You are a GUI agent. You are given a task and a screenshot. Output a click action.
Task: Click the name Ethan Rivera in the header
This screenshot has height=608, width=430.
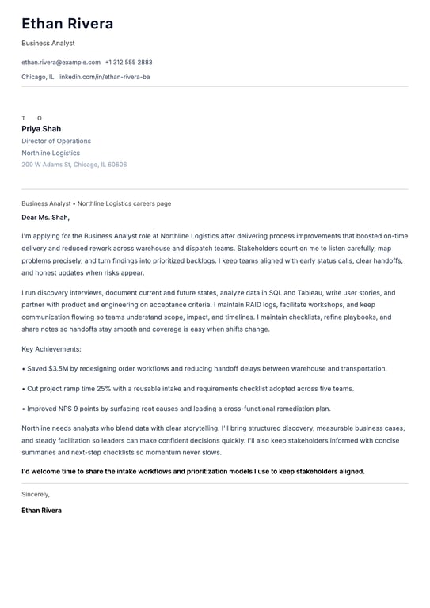[x=67, y=24]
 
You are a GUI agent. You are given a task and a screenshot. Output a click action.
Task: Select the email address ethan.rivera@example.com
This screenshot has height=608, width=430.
[x=61, y=62]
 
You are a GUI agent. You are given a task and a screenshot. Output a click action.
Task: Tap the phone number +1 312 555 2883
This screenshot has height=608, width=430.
[x=128, y=62]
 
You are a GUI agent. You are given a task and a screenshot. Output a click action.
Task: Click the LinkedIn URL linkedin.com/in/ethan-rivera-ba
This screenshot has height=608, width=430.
[x=104, y=77]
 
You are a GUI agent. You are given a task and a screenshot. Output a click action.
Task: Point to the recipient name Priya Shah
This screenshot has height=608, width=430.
[x=41, y=129]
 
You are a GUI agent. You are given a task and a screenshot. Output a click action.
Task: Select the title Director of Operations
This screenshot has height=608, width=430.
[x=56, y=141]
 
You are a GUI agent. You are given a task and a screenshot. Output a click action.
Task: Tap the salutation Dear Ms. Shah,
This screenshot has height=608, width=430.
[x=46, y=217]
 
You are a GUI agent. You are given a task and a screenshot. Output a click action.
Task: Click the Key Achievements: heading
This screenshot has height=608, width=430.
[x=51, y=348]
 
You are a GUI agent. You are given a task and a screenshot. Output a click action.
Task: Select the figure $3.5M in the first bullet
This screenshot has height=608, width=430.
[x=58, y=368]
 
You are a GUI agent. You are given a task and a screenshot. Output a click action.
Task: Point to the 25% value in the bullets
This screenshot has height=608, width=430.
[x=104, y=389]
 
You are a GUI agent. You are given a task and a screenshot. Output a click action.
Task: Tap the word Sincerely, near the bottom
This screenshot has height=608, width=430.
[x=36, y=494]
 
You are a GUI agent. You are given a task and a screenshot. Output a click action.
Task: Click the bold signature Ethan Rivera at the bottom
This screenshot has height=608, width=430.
[x=41, y=511]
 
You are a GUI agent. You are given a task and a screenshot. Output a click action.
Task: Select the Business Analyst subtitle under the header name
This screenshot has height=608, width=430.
[x=48, y=43]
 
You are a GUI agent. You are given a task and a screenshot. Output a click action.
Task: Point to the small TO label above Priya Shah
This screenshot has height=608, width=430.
[x=32, y=118]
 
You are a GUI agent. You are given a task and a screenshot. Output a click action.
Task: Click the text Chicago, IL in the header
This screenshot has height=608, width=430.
[x=38, y=77]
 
